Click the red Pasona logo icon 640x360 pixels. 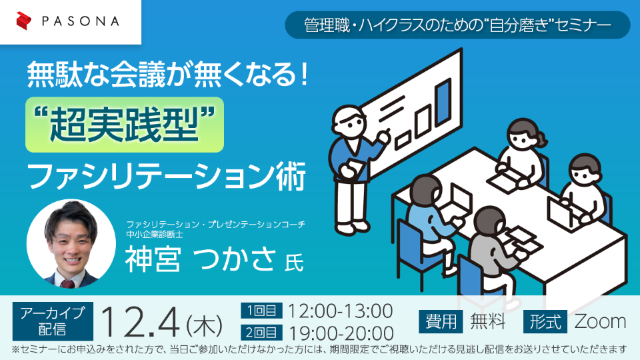coord(24,21)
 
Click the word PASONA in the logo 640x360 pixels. coord(81,21)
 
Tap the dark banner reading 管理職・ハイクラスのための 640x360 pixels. coord(457,25)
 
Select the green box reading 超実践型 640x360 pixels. coord(125,125)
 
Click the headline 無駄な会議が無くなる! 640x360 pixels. coord(167,74)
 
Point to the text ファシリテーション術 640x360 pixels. coord(167,176)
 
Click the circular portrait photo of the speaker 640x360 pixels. coord(71,244)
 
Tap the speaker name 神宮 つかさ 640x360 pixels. coord(200,259)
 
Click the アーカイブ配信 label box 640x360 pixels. coord(53,321)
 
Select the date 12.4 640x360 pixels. coord(139,323)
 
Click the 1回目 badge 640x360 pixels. coord(261,311)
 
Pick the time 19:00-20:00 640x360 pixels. coord(341,333)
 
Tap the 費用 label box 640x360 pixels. coord(441,321)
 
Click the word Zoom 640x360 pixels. coord(600,321)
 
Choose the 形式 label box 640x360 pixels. coord(545,321)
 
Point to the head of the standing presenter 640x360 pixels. coord(348,121)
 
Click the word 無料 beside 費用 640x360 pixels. coord(488,321)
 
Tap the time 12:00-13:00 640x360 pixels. coord(341,311)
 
